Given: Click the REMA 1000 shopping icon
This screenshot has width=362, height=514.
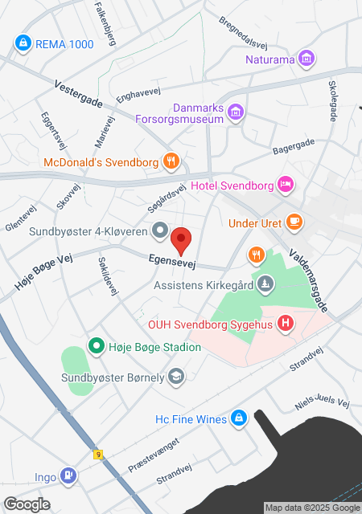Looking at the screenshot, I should (x=23, y=44).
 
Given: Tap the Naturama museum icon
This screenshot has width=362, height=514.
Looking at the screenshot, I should (x=306, y=59).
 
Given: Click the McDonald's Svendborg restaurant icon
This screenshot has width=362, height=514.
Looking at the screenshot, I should (x=171, y=161).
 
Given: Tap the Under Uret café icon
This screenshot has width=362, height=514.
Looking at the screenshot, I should (x=295, y=221).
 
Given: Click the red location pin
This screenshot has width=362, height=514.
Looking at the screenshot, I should (x=183, y=239).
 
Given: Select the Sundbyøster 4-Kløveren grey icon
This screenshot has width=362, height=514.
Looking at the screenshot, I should (x=160, y=232).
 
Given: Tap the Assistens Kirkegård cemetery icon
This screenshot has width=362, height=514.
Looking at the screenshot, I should (x=266, y=284).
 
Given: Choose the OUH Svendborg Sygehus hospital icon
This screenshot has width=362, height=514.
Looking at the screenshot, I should (x=285, y=324).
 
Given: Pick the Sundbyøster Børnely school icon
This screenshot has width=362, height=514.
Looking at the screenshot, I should (x=177, y=375).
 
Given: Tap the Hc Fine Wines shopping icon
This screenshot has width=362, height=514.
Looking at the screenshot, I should (x=238, y=418).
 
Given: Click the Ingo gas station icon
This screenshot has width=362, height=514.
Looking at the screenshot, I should (x=70, y=477).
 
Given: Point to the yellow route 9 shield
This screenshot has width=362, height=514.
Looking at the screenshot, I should (x=98, y=455).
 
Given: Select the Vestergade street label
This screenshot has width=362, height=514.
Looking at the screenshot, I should (x=79, y=94).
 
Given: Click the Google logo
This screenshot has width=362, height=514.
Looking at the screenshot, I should (x=27, y=504).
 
